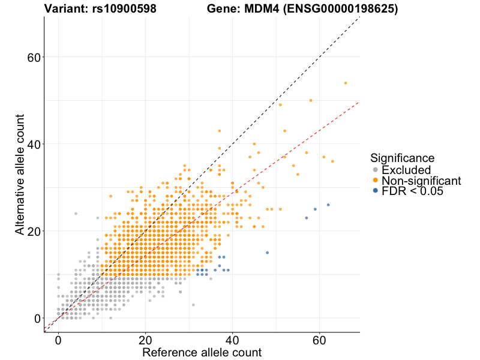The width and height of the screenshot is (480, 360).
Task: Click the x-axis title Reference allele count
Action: (x=202, y=352)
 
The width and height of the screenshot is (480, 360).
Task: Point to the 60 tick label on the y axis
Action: (x=34, y=58)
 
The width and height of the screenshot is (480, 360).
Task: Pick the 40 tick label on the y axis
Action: (x=34, y=144)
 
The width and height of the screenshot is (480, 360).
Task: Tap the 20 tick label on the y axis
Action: (x=34, y=231)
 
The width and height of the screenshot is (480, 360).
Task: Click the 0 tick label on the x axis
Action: (x=58, y=340)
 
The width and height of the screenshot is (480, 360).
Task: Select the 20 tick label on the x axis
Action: (x=145, y=340)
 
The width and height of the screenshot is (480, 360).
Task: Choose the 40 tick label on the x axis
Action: (x=232, y=340)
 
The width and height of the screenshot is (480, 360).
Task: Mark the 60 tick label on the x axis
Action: (x=319, y=340)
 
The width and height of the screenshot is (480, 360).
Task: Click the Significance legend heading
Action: (x=402, y=158)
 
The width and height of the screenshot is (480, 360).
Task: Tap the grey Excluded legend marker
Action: (x=376, y=170)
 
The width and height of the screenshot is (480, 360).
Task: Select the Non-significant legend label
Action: (x=421, y=181)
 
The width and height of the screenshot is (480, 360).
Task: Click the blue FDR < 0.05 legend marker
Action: (x=376, y=191)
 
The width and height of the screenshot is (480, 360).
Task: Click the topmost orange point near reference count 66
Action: (x=346, y=83)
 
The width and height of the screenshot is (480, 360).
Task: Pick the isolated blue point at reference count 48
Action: (x=267, y=253)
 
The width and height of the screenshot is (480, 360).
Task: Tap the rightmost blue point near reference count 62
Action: (x=328, y=205)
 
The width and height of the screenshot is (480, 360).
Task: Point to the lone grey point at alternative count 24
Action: (x=76, y=214)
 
